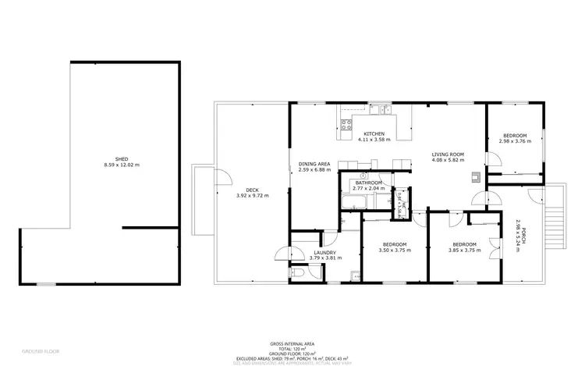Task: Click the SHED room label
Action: [115, 158]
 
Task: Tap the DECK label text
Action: [252, 190]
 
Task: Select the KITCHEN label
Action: [374, 134]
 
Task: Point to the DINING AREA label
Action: [314, 163]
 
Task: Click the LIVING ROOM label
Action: [448, 155]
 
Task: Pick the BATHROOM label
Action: [368, 182]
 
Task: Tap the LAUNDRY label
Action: [324, 253]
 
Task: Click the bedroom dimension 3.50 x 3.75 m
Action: [392, 251]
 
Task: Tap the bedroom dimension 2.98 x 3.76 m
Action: [514, 141]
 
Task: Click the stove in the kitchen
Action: [346, 123]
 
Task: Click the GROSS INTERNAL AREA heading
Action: [292, 343]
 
